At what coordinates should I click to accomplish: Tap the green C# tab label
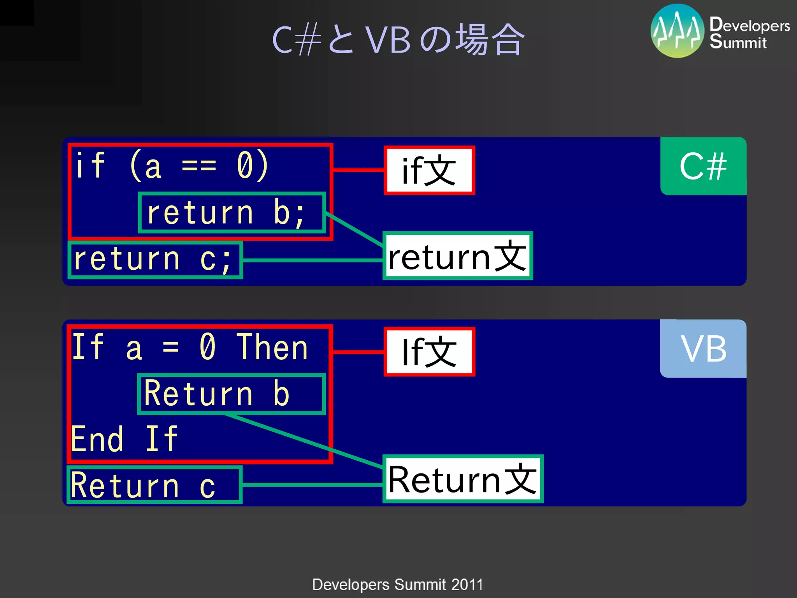point(703,166)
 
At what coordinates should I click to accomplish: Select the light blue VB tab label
point(703,349)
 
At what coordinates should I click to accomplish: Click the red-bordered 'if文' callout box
point(429,170)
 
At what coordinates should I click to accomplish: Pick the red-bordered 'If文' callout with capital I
point(429,352)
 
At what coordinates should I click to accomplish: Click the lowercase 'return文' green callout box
point(458,256)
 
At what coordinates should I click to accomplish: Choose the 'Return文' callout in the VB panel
point(463,479)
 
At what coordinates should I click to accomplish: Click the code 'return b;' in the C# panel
point(226,213)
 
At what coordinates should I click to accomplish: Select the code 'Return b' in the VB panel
point(217,394)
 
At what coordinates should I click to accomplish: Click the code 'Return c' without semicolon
point(143,485)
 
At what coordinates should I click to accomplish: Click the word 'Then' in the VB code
point(272,347)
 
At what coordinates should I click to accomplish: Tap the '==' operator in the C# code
point(199,166)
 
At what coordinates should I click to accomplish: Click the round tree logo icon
point(678,31)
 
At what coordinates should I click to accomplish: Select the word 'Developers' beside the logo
point(750,25)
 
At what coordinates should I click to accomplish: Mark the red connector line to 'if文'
point(358,170)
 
